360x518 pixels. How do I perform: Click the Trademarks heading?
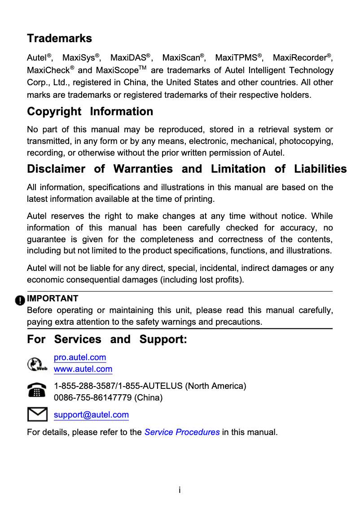point(59,38)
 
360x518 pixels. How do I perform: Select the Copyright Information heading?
point(90,111)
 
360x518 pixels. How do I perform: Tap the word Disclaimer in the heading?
point(56,169)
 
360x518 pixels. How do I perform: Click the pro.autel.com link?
point(80,357)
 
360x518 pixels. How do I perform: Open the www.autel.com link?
point(83,369)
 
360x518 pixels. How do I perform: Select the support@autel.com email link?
point(91,415)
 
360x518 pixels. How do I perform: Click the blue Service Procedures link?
point(182,432)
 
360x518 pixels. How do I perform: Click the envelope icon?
point(37,414)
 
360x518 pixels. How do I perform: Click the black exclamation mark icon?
point(20,300)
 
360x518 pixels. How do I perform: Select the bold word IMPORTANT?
point(53,299)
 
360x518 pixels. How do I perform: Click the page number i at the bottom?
point(180,490)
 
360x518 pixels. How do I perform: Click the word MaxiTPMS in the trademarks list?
point(236,58)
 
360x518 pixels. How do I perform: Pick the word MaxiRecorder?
point(299,58)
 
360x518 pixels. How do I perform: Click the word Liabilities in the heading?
point(320,169)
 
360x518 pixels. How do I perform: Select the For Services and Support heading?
point(107,339)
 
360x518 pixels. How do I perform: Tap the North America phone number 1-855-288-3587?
point(84,386)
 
